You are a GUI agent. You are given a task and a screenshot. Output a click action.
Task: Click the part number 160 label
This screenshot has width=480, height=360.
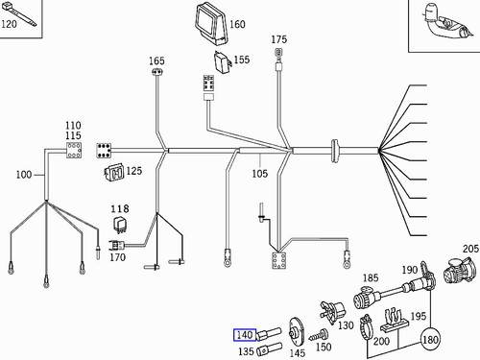(x=237, y=25)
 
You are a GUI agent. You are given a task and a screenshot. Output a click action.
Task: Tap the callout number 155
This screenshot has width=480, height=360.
(x=241, y=60)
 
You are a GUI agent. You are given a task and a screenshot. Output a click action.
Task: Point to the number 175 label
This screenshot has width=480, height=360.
(x=279, y=40)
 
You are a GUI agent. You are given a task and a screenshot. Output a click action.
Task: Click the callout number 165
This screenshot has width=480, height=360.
(x=157, y=61)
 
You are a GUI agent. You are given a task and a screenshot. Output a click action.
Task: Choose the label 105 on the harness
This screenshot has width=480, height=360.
(x=259, y=174)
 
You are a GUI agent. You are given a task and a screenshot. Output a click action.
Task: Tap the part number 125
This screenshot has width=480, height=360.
(x=133, y=171)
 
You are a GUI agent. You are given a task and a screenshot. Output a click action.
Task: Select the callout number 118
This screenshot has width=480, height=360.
(x=119, y=208)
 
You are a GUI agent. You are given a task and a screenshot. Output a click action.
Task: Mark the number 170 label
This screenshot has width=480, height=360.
(x=117, y=256)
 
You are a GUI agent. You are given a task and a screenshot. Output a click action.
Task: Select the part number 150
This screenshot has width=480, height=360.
(x=324, y=346)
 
